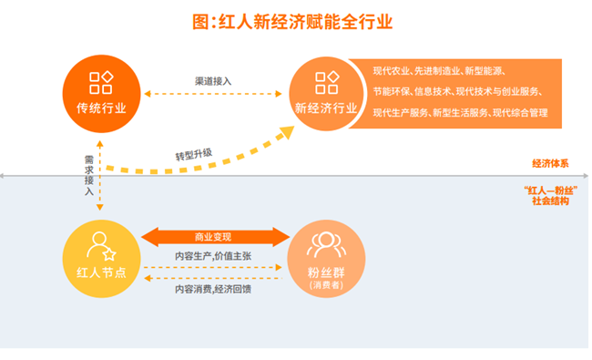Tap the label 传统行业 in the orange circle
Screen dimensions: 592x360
tap(102, 108)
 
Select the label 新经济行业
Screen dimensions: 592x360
tap(325, 108)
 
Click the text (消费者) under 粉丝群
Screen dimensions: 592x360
tap(325, 286)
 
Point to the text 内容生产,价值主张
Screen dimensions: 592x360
tap(213, 257)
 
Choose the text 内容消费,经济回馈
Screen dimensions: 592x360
tap(213, 289)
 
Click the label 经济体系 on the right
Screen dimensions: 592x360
tap(550, 164)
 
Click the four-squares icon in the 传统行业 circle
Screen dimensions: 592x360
tap(101, 82)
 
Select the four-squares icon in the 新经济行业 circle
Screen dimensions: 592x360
tap(325, 83)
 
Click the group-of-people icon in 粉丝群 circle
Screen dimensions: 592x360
tap(324, 244)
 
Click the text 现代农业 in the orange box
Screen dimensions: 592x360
tap(390, 70)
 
